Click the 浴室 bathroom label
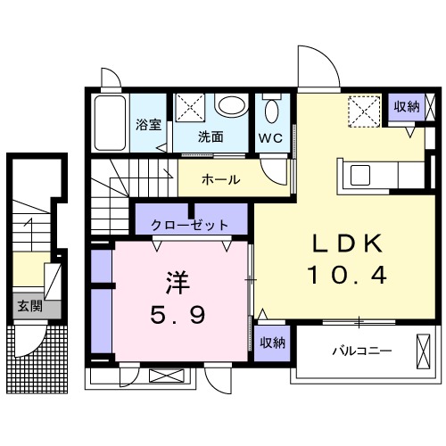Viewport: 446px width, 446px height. click(148, 125)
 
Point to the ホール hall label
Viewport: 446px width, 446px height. click(220, 179)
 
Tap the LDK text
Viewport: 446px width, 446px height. click(347, 244)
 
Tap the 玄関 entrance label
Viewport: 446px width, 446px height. click(29, 306)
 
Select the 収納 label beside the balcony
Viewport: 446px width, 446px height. click(273, 343)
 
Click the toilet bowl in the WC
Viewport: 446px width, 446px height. click(272, 111)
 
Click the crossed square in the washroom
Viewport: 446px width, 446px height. click(190, 108)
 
